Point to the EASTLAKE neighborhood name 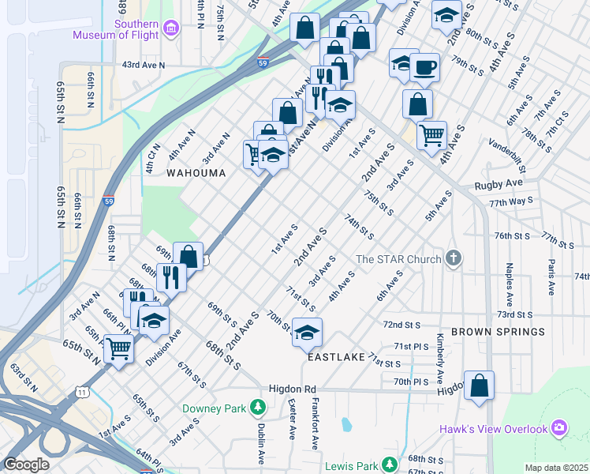(x=336, y=357)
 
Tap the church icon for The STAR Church (x=453, y=258)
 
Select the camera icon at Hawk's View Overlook (x=558, y=428)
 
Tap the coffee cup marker (x=425, y=69)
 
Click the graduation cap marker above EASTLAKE (x=307, y=333)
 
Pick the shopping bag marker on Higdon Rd (x=479, y=386)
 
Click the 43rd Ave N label (x=144, y=66)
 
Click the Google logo (x=26, y=465)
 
